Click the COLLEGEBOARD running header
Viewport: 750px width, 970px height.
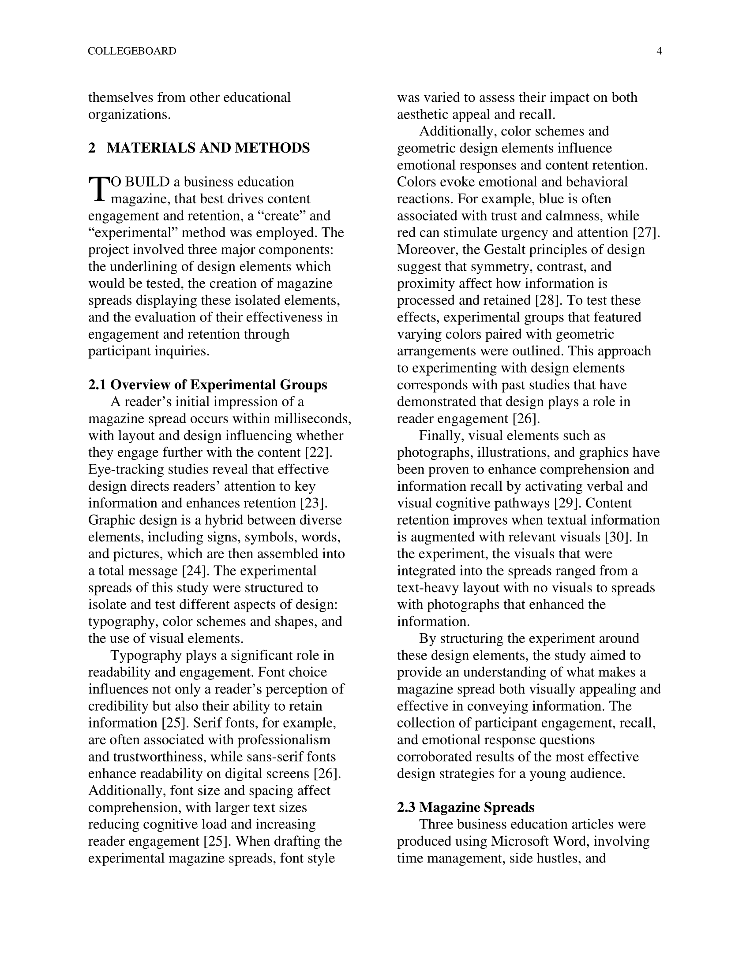point(132,51)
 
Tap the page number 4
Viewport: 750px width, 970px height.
point(659,51)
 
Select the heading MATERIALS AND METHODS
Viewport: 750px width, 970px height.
point(208,148)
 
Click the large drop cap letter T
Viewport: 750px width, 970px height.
point(99,189)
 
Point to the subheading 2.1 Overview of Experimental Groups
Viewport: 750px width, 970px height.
point(207,384)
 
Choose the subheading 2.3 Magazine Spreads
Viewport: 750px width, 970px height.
point(465,807)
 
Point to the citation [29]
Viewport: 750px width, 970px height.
point(567,503)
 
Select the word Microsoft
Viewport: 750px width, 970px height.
point(517,841)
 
